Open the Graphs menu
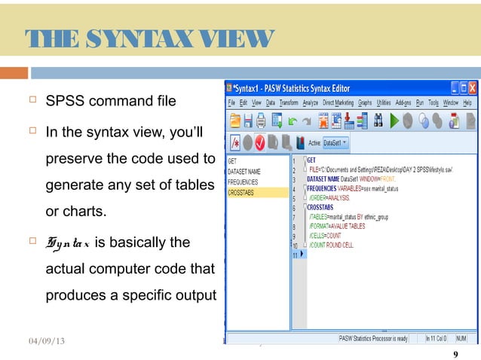pyautogui.click(x=366, y=102)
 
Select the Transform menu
pyautogui.click(x=289, y=102)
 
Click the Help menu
pyautogui.click(x=467, y=102)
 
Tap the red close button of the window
pyautogui.click(x=472, y=88)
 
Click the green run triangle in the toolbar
pyautogui.click(x=393, y=121)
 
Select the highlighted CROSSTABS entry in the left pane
pyautogui.click(x=243, y=193)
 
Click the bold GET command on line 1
pyautogui.click(x=311, y=160)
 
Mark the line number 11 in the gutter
pyautogui.click(x=296, y=255)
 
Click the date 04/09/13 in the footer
pyautogui.click(x=42, y=341)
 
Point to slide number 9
pyautogui.click(x=454, y=355)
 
